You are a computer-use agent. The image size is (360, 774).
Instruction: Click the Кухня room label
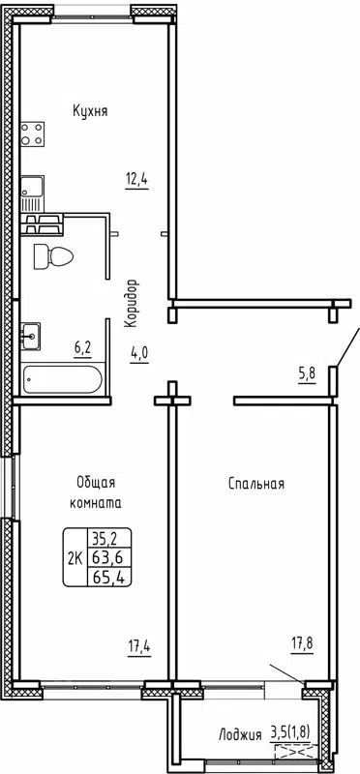[90, 111]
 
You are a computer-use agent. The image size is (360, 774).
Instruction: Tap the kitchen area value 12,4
[135, 179]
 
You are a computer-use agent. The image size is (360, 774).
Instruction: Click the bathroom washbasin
[31, 337]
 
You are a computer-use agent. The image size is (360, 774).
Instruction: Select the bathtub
[60, 378]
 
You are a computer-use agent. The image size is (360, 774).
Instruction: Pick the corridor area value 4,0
[138, 352]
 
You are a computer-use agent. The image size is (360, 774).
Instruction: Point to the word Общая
[98, 483]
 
